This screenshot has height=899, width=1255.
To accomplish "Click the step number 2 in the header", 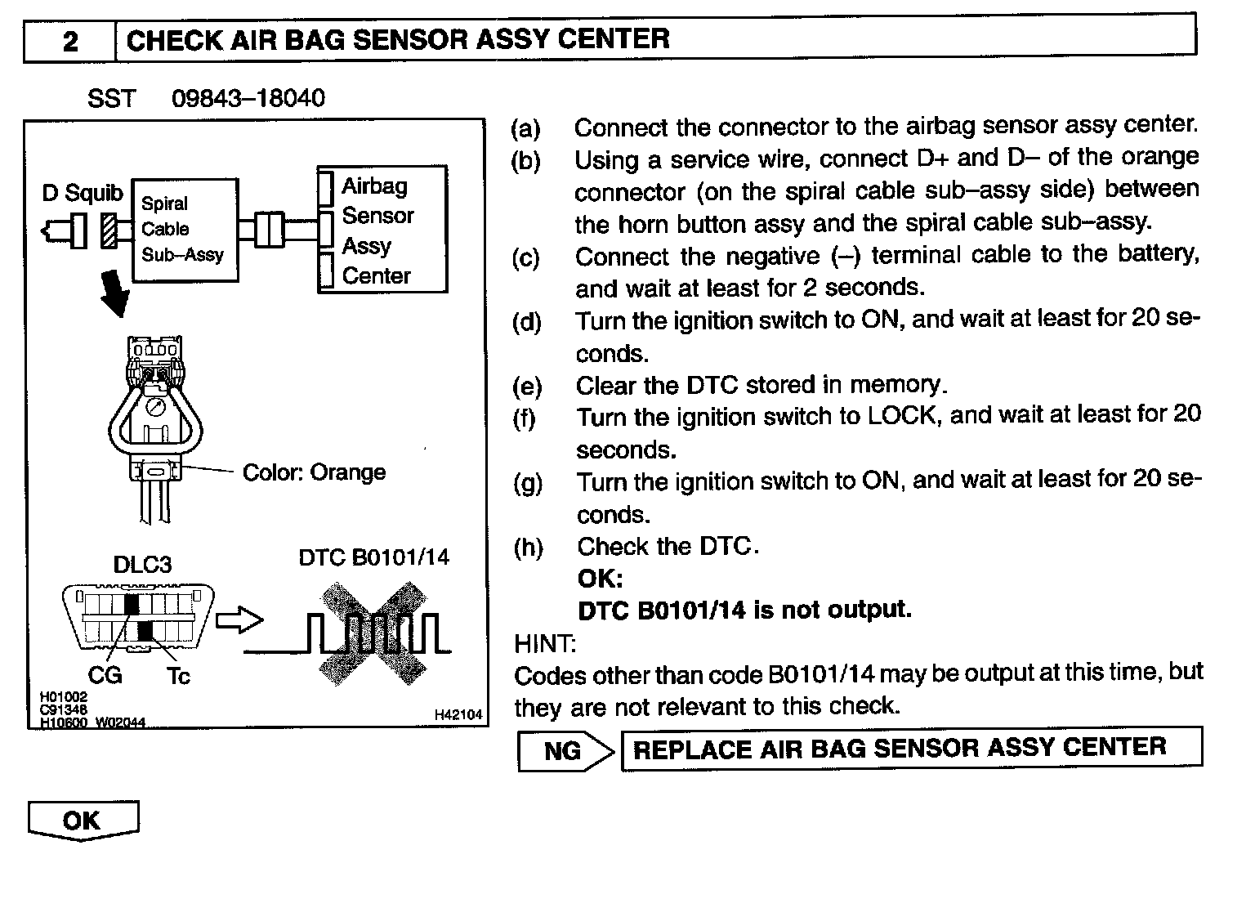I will [x=70, y=41].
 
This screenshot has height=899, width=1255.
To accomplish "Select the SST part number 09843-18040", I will [x=248, y=99].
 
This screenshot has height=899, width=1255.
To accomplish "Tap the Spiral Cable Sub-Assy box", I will [x=185, y=230].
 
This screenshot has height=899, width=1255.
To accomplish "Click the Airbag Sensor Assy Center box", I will [x=382, y=230].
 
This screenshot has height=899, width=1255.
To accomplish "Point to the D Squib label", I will [x=83, y=194].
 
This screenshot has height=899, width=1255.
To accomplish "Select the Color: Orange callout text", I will [x=314, y=472].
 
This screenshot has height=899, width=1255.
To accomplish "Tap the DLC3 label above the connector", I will [x=142, y=565].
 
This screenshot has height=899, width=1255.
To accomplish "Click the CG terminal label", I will [x=105, y=675].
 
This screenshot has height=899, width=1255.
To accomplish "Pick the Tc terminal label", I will [x=178, y=676].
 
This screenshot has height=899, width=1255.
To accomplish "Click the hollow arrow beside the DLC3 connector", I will [x=239, y=621].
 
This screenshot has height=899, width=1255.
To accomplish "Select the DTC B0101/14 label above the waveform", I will [x=373, y=557].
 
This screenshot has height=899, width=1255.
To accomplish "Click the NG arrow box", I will [x=565, y=751].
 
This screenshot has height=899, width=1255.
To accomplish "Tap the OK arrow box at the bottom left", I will [x=83, y=821].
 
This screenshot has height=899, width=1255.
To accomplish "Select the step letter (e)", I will [x=527, y=386].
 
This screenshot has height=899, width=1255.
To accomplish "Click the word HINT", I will [x=544, y=644].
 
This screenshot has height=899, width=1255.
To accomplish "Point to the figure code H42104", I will [x=458, y=715].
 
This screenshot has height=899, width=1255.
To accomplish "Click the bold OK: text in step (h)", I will [x=600, y=579].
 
